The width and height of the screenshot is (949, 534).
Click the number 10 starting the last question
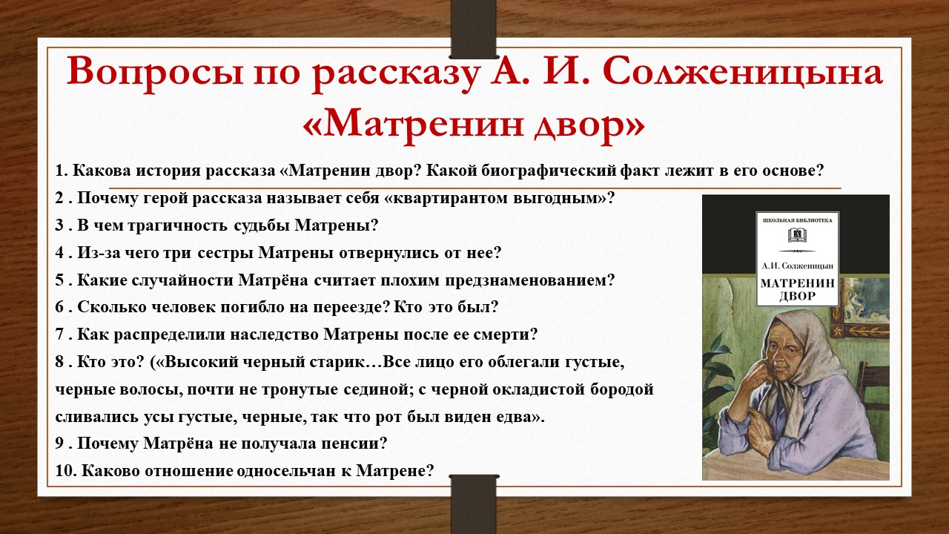(62, 470)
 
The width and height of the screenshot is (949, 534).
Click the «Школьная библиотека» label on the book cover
(797, 220)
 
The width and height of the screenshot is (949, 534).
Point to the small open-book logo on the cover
(797, 235)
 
